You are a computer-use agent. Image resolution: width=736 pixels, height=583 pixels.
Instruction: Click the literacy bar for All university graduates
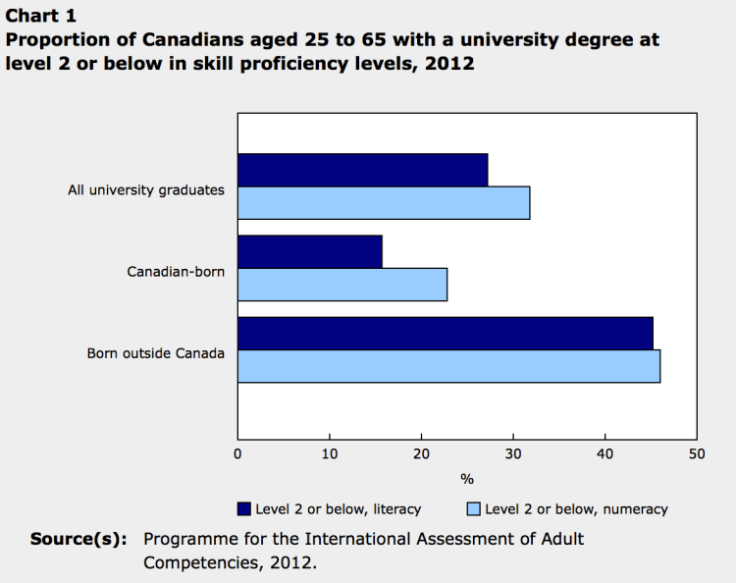[362, 170]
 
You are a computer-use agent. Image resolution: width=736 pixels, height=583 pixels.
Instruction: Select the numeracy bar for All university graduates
[384, 203]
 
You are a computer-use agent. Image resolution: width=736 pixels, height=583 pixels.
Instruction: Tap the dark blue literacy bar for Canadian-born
[309, 251]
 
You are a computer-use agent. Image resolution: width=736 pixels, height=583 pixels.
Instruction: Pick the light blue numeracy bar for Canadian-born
[342, 285]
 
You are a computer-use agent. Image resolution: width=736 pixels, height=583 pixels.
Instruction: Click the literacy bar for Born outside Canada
[445, 333]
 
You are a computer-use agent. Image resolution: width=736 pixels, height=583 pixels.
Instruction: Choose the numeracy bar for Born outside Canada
[448, 366]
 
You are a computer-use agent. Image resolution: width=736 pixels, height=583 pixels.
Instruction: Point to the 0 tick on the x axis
[237, 453]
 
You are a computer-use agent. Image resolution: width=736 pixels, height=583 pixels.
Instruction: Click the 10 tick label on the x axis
[330, 453]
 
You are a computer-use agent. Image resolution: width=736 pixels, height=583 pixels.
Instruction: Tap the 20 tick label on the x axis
[421, 453]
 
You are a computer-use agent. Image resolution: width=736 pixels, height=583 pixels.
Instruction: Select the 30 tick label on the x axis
[513, 453]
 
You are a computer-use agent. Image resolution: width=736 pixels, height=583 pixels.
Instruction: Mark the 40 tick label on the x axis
[605, 453]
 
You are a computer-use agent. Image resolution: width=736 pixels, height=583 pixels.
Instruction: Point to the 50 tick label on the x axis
[697, 453]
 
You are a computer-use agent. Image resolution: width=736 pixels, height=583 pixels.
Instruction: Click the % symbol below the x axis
[467, 479]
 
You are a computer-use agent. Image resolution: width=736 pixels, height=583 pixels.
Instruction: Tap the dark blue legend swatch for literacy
[244, 508]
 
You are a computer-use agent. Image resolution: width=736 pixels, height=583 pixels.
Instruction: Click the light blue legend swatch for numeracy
[473, 508]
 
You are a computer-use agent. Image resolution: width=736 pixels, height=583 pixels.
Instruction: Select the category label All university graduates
[146, 189]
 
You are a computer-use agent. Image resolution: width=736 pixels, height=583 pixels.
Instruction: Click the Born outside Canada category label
[156, 352]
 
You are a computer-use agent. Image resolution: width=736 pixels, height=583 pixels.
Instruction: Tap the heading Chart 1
[40, 15]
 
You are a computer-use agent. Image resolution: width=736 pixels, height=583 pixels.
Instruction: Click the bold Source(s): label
[79, 539]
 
